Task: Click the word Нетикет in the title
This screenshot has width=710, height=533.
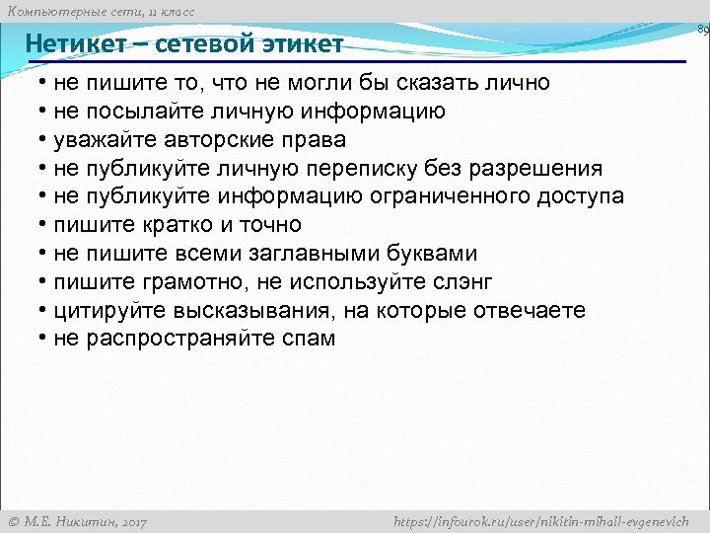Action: pos(75,44)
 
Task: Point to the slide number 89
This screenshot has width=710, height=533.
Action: pos(702,31)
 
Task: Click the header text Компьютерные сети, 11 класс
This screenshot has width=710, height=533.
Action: pos(101,11)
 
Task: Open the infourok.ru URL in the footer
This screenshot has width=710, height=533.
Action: pos(541,521)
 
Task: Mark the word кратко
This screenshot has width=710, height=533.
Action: pos(168,225)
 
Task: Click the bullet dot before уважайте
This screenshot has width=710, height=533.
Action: pos(44,140)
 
